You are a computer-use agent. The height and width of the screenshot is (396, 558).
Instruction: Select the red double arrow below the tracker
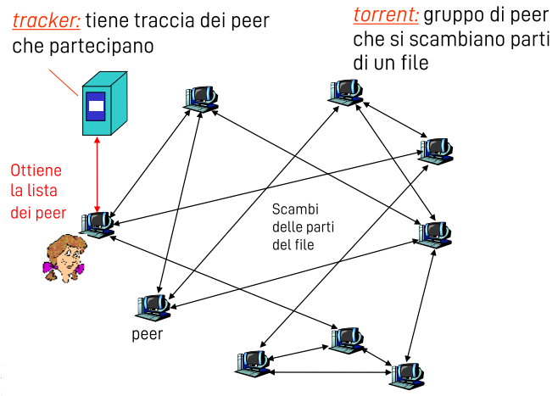[x=98, y=174]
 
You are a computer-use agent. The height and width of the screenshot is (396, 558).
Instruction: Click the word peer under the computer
[x=148, y=332]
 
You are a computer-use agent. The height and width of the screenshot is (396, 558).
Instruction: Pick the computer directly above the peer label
[x=153, y=306]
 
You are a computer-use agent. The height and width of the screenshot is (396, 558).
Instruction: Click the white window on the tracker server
[x=96, y=107]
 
